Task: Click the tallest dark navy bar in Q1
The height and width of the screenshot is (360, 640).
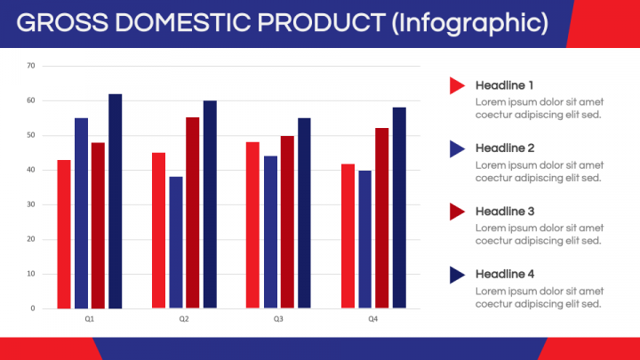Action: coord(115,201)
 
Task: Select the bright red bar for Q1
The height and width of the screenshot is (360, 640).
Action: coord(64,235)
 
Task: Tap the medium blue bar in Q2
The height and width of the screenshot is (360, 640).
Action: coord(176,243)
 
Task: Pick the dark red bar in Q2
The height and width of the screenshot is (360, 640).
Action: coord(193,213)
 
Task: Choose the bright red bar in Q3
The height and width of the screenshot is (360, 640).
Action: coord(252,225)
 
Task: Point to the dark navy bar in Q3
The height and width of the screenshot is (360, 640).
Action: coord(304,213)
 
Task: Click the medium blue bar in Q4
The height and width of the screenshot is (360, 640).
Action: coord(365,240)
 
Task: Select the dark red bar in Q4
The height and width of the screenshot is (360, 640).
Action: coord(382,219)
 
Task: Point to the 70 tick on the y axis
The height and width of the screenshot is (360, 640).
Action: coord(31,66)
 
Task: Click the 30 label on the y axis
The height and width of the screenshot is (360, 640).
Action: coord(31,204)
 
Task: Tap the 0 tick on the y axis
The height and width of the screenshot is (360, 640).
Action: coord(33,308)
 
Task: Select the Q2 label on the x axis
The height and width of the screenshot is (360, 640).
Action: coord(184,319)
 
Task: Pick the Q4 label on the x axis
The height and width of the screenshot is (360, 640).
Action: coord(373,319)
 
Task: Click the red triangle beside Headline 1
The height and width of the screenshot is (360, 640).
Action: coord(457,85)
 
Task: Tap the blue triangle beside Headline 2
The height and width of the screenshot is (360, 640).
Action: coord(457,148)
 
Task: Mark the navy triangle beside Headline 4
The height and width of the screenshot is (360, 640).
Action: coord(457,275)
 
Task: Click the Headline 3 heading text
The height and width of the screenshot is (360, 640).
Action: coord(505,212)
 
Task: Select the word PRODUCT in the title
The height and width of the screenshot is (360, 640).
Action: coord(321,22)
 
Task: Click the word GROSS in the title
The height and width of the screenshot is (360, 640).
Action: coord(62,22)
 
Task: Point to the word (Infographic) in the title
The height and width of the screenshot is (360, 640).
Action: coord(470,23)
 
